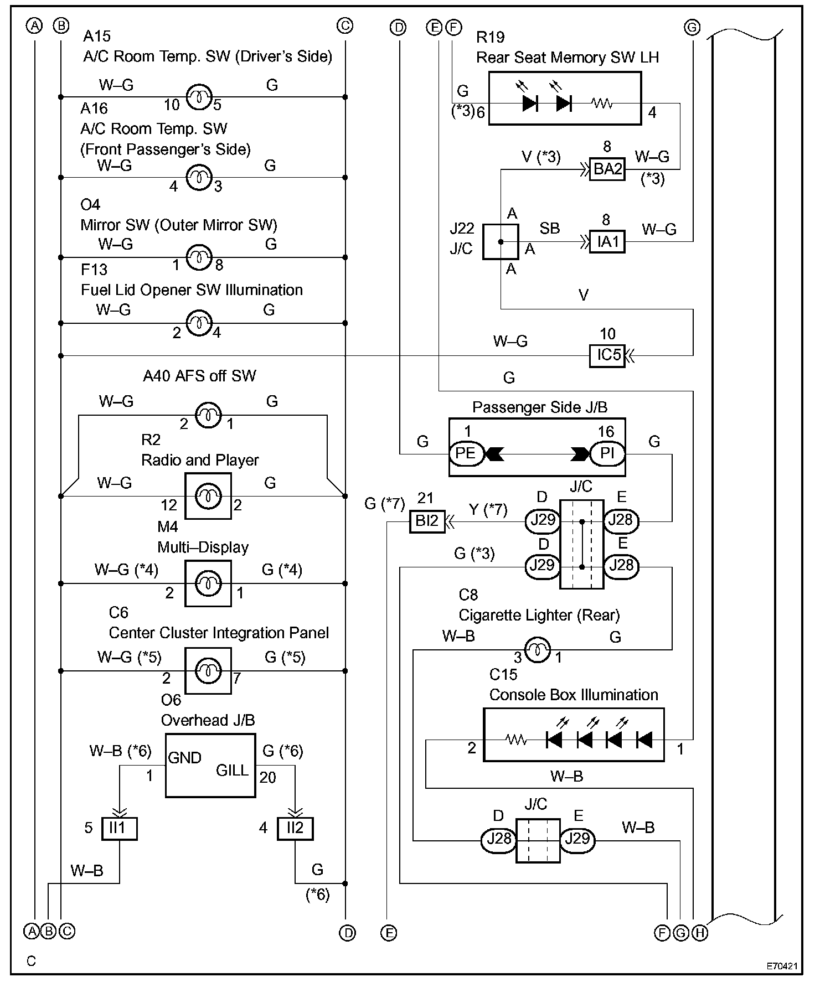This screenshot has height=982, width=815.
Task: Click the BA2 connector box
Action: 607,169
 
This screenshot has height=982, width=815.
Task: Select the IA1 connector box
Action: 607,242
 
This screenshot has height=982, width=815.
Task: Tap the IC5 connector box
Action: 607,355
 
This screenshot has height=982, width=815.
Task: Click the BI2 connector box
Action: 427,521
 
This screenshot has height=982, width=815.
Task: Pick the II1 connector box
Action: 119,829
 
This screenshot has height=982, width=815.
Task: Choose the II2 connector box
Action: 295,829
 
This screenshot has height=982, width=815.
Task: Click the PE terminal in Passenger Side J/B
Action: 466,454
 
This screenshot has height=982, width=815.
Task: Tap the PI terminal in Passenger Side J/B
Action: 607,454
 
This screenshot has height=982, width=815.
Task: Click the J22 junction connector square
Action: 501,242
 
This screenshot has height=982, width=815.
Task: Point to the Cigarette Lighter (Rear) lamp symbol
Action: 537,649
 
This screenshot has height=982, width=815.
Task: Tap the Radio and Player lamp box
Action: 208,496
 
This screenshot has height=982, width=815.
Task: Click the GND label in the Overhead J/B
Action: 184,758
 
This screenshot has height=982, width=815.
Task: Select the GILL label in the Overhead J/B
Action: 232,771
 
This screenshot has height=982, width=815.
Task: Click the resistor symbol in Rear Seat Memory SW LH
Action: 602,103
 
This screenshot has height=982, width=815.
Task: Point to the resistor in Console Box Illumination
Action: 516,740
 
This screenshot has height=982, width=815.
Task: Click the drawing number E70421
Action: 782,967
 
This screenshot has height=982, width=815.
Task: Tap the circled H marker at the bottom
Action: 700,933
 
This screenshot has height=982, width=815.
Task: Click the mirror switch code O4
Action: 90,205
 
